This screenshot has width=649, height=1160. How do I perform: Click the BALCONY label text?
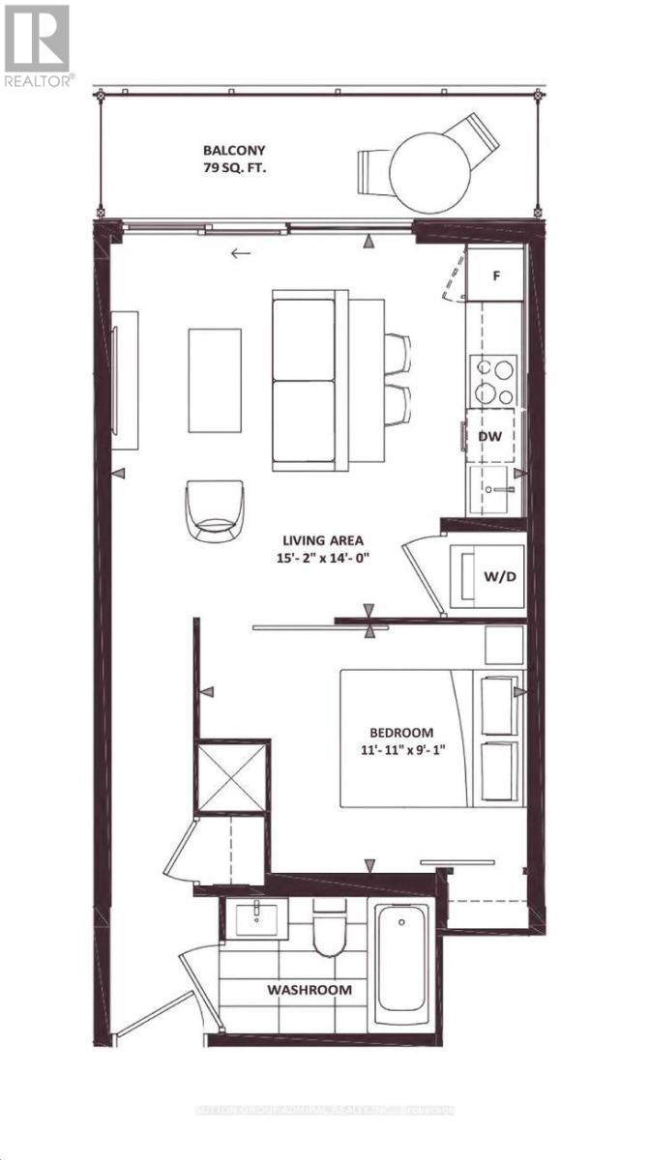(x=234, y=151)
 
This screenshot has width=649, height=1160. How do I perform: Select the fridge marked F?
(x=495, y=275)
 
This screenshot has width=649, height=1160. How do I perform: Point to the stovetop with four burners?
(x=492, y=382)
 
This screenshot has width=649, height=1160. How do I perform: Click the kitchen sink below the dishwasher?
(x=494, y=489)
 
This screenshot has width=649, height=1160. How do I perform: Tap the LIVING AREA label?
(x=324, y=540)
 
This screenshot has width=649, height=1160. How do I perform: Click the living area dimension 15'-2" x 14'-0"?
(x=324, y=558)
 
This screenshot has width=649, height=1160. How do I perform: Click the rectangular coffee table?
(x=215, y=381)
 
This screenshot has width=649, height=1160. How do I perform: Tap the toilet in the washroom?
(x=329, y=926)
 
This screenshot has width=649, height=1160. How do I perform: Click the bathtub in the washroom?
(x=402, y=958)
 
